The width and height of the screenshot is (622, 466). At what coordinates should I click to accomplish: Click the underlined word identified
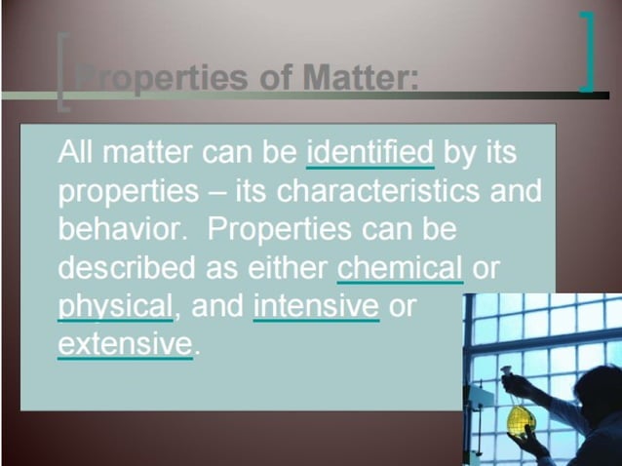369,153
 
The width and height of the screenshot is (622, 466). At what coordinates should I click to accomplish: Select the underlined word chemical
400,267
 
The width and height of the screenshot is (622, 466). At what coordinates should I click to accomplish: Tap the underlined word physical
114,305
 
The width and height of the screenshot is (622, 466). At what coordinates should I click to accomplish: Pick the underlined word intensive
316,305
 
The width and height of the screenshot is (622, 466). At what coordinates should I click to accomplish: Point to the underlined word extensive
124,343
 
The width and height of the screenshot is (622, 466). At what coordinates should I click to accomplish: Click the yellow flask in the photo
519,417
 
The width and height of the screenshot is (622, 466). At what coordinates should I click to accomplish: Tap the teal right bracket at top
587,51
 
